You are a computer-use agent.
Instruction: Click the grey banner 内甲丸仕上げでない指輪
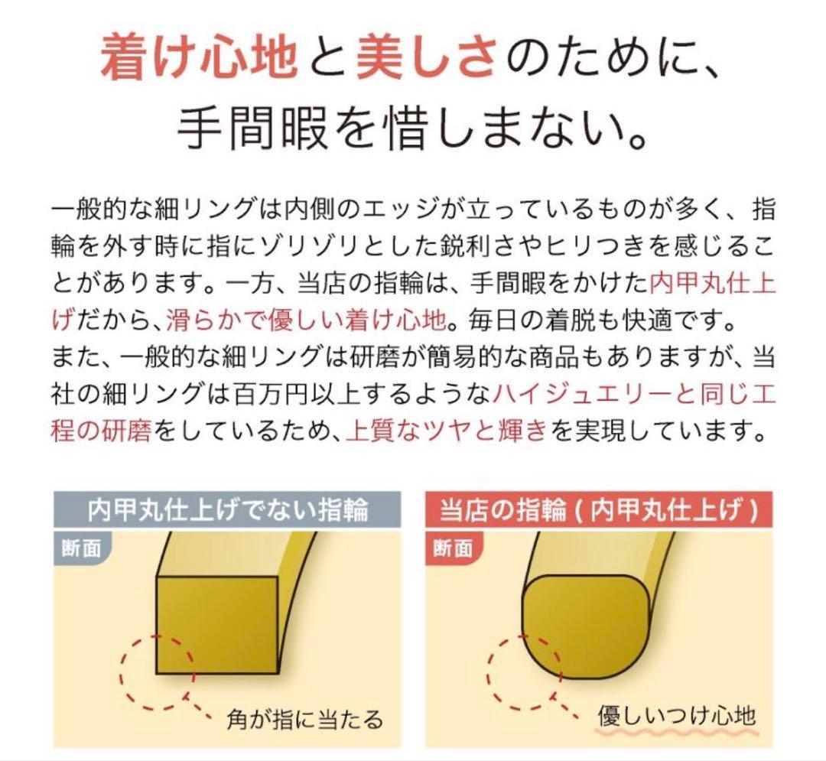click(228, 509)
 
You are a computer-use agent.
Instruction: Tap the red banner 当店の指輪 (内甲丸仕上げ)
click(598, 509)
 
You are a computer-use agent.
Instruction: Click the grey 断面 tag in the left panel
click(81, 549)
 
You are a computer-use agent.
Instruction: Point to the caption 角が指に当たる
click(304, 719)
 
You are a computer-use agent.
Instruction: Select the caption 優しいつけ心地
click(676, 715)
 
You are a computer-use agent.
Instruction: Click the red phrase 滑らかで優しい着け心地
click(306, 319)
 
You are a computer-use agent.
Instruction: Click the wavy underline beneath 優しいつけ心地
click(676, 735)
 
